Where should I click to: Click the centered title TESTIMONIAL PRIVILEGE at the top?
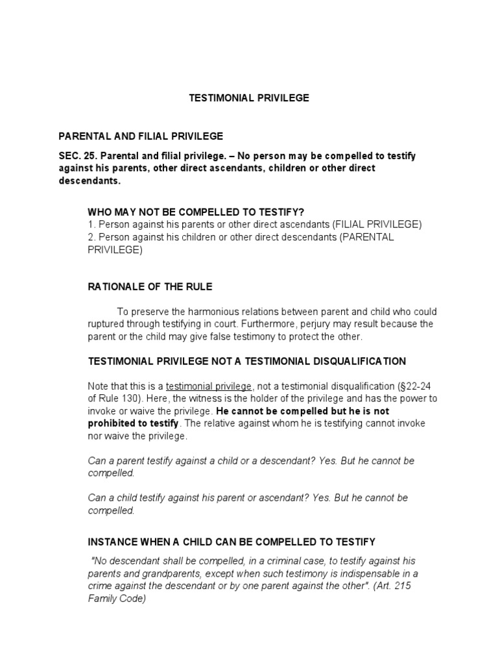point(249,98)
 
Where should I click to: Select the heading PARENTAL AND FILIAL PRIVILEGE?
point(141,136)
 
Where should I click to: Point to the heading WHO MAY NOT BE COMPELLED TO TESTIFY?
point(196,212)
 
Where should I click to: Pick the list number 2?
point(91,237)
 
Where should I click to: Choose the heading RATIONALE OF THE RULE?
point(150,286)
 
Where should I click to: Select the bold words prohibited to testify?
point(134,423)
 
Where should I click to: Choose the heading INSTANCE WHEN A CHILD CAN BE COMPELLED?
point(231,541)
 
